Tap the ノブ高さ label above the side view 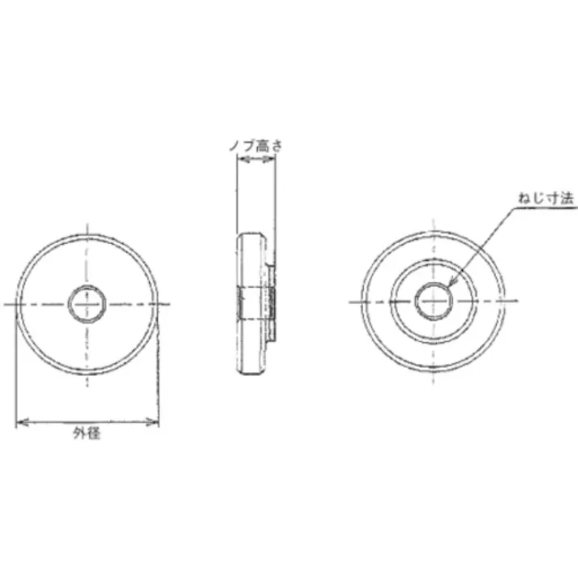coord(255,147)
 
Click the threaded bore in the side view coord(256,302)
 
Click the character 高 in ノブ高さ coord(261,147)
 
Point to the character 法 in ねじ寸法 coord(554,197)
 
